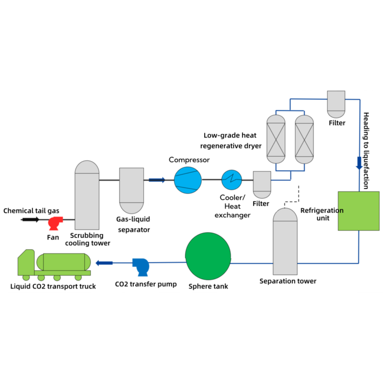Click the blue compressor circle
coord(188,180)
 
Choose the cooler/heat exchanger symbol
coord(232,180)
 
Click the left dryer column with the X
coord(276,138)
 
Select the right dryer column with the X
coord(304,138)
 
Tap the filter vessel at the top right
coord(336,103)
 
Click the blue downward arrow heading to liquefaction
coord(359,163)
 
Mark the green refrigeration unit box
coord(358,211)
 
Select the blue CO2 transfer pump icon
coord(141,266)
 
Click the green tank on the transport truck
coord(63,262)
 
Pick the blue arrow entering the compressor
coord(157,180)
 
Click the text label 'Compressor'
coord(189,160)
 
